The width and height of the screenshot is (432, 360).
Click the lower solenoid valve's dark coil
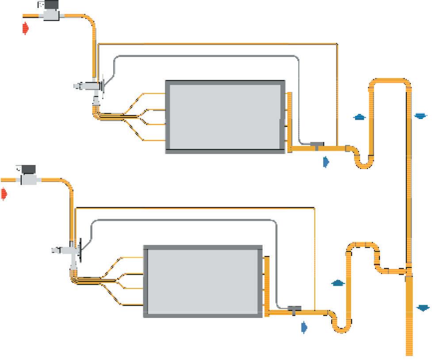27,169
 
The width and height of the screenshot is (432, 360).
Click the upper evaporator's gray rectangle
225,117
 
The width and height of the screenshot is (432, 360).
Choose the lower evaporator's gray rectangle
203,281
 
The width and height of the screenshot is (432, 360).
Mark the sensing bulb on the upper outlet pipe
317,145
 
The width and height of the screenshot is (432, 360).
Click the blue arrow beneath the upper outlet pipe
326,162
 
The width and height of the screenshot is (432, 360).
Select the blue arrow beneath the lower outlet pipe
304,327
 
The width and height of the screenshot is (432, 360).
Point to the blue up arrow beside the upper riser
359,117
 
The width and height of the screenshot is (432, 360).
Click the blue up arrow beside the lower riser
338,282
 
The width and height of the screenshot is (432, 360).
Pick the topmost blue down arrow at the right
421,116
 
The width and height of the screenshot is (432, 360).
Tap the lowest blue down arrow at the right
423,307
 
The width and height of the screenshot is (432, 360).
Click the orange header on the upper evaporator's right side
290,122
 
